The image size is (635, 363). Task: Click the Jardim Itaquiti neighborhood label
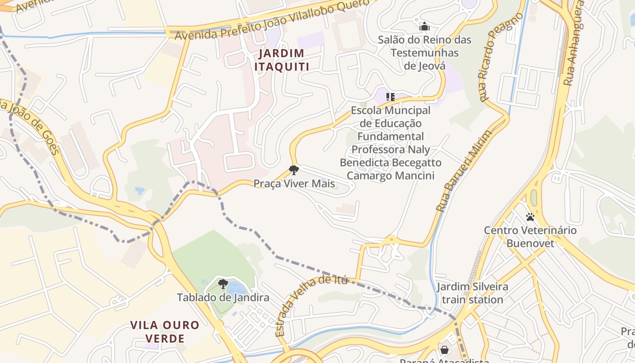click(x=281, y=60)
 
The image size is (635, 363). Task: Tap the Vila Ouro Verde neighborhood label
click(x=165, y=332)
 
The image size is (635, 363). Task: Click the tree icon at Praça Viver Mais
click(x=294, y=170)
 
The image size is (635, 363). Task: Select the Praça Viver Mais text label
click(x=294, y=184)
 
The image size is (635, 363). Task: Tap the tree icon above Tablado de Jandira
click(x=223, y=284)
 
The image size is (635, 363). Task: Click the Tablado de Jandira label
click(x=223, y=298)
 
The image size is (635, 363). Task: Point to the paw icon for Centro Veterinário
click(x=530, y=217)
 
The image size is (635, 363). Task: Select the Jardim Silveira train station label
click(x=472, y=293)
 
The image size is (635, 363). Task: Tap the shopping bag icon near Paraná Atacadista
click(x=444, y=350)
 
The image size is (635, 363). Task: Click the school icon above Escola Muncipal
click(x=391, y=97)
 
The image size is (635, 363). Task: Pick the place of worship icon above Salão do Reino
click(x=425, y=26)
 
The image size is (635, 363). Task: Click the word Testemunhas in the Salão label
click(x=425, y=53)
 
